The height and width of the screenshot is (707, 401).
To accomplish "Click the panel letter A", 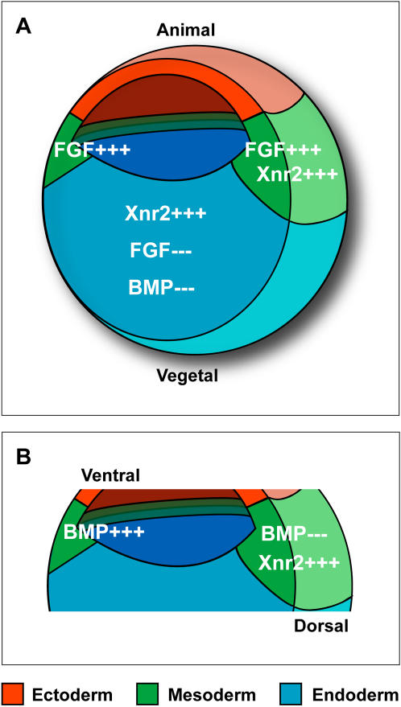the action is click(23, 27).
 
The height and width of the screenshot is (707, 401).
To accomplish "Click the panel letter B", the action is click(23, 457).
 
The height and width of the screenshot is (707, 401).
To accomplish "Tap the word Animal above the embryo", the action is click(186, 31).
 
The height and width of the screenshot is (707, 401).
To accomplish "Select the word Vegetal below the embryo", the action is click(188, 375).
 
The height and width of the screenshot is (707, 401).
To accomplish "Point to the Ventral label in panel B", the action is click(111, 475).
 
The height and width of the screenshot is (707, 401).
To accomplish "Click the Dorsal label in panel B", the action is click(321, 626).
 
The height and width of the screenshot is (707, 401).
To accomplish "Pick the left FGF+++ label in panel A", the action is click(92, 150).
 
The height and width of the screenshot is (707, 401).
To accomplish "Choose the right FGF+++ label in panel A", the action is click(283, 150).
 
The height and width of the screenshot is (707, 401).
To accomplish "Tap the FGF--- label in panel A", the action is click(161, 250).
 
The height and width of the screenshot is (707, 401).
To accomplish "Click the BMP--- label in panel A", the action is click(162, 288).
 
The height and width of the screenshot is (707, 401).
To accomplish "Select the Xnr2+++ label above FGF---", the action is click(165, 213).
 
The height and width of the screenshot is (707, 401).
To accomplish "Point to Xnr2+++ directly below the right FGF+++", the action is click(297, 174).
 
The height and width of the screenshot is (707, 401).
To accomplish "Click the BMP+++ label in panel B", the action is click(104, 532).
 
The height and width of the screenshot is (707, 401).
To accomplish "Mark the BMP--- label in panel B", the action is click(294, 535).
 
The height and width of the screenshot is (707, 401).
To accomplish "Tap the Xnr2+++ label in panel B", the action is click(299, 562).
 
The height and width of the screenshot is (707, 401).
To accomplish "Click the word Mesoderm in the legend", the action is click(212, 695).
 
